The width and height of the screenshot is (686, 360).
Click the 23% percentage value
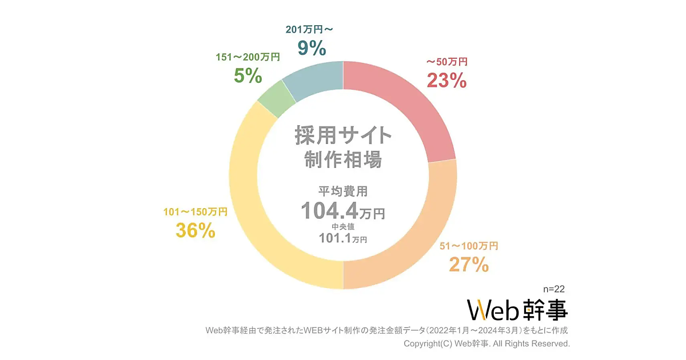click(447, 81)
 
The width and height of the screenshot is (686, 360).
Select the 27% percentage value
click(468, 265)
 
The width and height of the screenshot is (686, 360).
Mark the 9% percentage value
click(312, 48)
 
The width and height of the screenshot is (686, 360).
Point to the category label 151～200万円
click(248, 57)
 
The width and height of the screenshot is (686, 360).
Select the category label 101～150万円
click(195, 212)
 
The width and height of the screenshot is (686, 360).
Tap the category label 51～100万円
click(469, 246)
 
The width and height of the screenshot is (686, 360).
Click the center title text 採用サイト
click(343, 137)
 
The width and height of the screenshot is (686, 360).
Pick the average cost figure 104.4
click(330, 210)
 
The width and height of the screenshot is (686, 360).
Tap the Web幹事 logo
click(517, 310)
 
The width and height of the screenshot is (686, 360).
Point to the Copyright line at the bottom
click(486, 344)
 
